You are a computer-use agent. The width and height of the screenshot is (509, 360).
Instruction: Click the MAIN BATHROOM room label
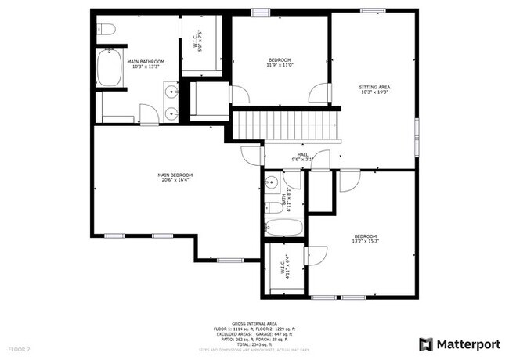tap(146, 61)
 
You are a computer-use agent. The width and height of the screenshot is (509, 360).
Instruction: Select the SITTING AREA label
tap(374, 87)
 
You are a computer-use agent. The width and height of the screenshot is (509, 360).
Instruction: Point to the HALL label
tap(302, 154)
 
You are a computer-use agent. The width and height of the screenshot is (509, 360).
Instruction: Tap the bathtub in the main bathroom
tap(108, 69)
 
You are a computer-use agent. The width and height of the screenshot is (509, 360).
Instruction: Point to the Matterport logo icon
tap(426, 344)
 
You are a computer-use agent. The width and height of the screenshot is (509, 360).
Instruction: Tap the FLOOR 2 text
tap(19, 348)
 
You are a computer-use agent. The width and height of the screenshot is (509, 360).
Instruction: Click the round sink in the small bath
tap(273, 183)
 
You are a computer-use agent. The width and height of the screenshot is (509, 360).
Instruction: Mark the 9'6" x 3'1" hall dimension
tap(302, 160)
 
